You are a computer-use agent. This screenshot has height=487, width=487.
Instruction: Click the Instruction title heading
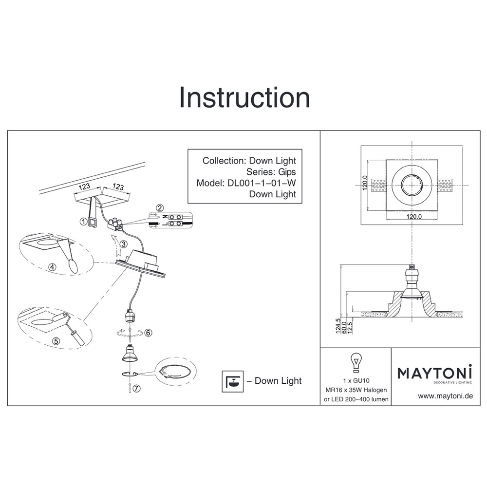244,97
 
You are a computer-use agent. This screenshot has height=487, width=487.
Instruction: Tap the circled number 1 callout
83,222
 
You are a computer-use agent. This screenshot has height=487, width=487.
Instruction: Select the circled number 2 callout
160,208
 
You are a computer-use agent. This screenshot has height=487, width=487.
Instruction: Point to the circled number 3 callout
124,244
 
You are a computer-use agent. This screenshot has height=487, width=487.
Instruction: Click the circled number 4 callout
53,267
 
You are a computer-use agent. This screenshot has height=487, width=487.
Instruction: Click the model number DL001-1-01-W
262,183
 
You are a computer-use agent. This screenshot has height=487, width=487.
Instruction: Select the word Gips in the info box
287,172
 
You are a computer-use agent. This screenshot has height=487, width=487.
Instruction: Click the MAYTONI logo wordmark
434,373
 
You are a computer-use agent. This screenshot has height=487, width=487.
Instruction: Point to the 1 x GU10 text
356,380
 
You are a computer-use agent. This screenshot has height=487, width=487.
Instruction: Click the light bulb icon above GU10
356,362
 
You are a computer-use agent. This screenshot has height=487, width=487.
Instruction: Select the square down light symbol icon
233,381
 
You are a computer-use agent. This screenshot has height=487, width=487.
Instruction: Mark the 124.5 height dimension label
338,326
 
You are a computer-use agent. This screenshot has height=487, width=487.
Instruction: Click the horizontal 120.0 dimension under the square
414,217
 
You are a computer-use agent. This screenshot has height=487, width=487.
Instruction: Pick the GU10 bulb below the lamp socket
130,354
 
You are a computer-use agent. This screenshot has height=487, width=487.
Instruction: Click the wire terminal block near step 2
115,224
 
